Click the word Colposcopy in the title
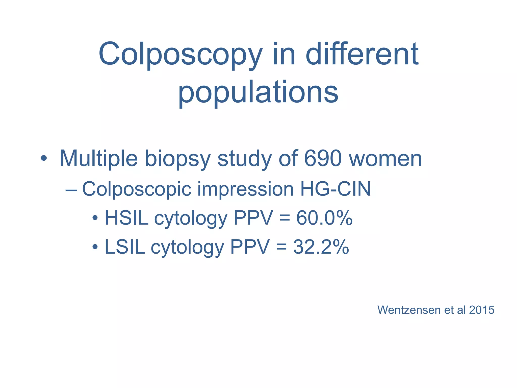(180, 54)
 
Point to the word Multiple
(98, 159)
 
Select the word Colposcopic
(137, 189)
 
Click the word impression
(245, 189)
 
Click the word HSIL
(126, 218)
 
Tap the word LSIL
(125, 247)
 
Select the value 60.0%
(324, 218)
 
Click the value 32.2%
(321, 247)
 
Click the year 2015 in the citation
(481, 310)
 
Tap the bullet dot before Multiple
(44, 158)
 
